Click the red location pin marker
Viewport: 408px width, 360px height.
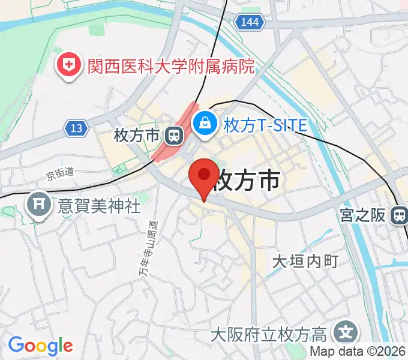204,177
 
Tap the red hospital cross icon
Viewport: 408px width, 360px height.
68,66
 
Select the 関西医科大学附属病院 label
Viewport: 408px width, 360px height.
171,66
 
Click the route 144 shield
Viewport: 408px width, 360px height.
248,23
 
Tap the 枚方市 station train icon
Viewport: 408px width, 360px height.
175,136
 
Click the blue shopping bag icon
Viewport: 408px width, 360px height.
206,124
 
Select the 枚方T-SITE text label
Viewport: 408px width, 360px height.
265,125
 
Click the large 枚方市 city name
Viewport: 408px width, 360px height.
248,179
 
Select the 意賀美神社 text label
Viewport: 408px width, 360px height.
99,206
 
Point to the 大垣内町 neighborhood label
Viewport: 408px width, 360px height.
305,262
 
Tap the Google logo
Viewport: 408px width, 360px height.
40,346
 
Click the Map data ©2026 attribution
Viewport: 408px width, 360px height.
358,352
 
